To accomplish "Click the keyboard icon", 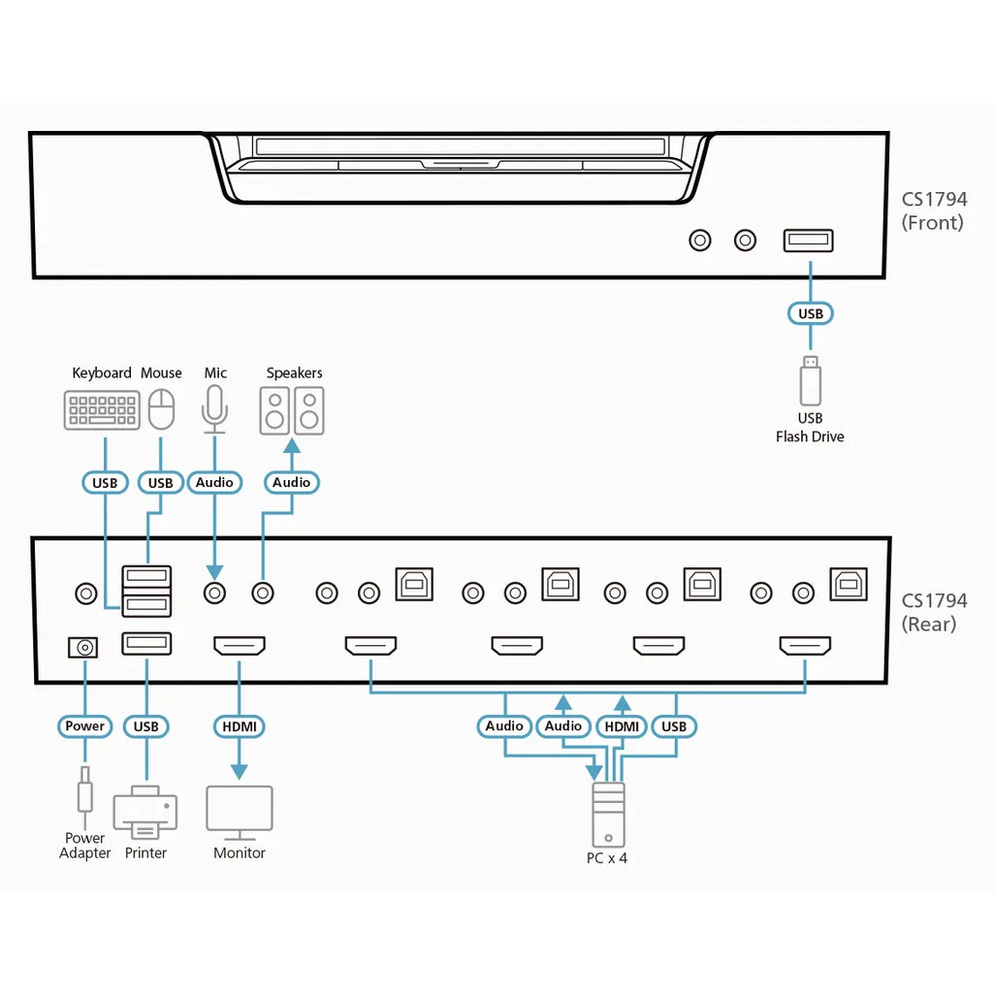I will click(x=102, y=409).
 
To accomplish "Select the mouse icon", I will click(x=162, y=408).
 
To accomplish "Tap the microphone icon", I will click(x=214, y=408).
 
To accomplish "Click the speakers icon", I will click(x=292, y=411).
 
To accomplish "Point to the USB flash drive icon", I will click(x=810, y=381).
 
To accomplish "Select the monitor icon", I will click(x=240, y=812).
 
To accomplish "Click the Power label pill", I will click(x=85, y=725).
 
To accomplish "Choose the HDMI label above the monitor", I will click(x=239, y=725).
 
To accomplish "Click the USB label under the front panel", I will click(x=810, y=313).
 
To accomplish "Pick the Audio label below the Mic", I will click(x=214, y=482).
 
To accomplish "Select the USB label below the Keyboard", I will click(x=104, y=482).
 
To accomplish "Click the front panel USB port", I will click(x=808, y=240).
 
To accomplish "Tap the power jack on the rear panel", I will click(x=84, y=647).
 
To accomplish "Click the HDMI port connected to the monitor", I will click(x=239, y=646).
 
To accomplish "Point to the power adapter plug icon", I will click(x=85, y=790).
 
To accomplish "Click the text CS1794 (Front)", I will click(x=934, y=210).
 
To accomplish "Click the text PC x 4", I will click(x=607, y=858).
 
